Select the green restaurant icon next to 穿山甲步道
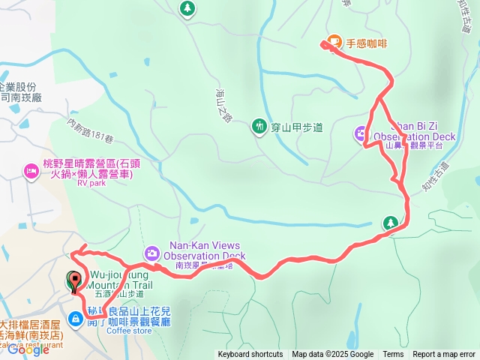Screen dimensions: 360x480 point(259,126)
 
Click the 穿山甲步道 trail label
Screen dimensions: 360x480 point(297,127)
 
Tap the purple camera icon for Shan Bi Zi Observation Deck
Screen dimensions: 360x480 point(361,133)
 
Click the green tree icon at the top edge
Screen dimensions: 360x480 point(187,8)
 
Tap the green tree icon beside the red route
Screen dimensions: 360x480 point(390,223)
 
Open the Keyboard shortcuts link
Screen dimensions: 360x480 point(250,355)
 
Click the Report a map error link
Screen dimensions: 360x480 point(444,355)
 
